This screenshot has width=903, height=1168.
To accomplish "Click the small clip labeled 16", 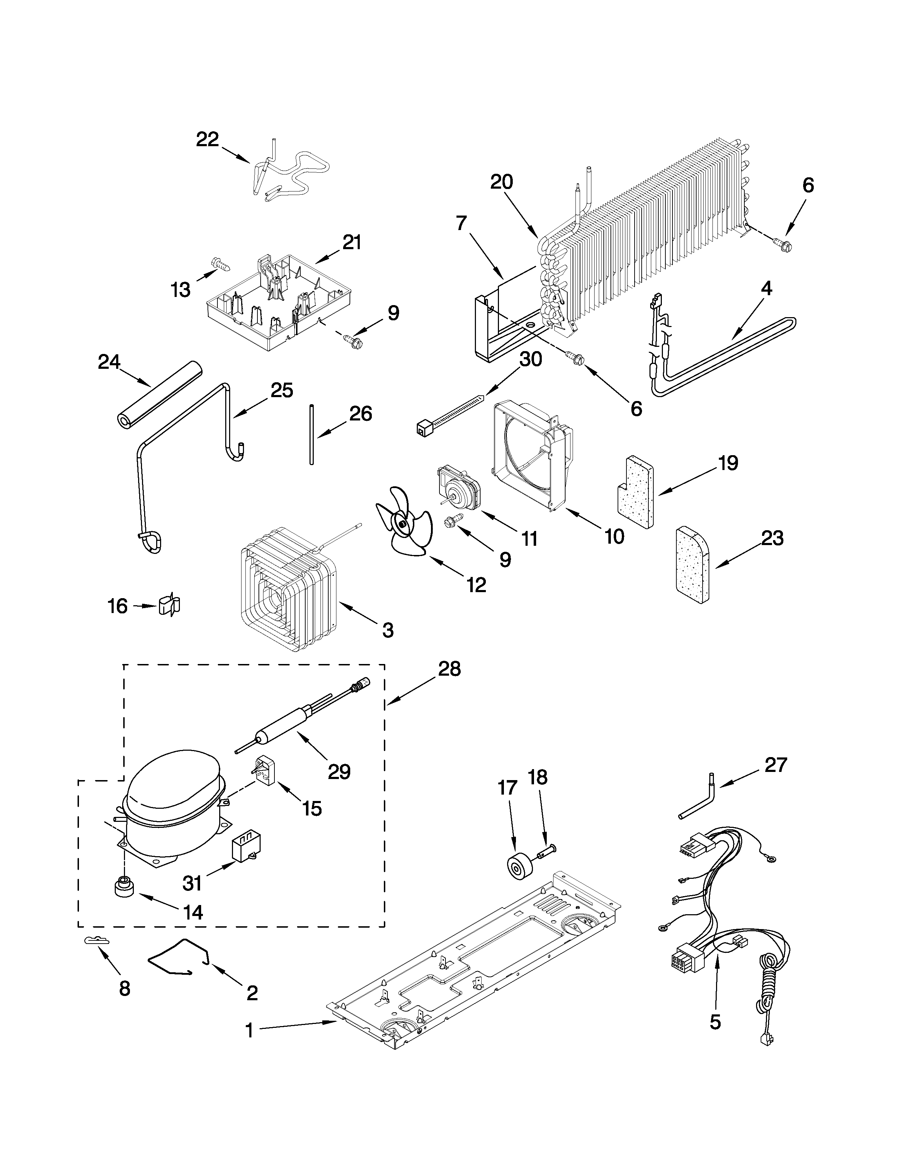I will pos(170,605).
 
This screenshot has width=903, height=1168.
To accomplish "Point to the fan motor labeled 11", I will pos(459,487).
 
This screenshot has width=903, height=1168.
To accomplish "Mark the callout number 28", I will pos(449,669).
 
